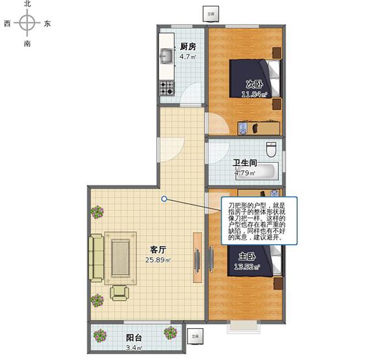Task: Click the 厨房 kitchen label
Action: [189, 46]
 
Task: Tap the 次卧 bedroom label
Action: [254, 84]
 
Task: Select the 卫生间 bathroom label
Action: [244, 163]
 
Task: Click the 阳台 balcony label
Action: [135, 338]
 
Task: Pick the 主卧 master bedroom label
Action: [247, 256]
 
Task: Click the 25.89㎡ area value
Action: [158, 260]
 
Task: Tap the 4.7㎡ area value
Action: [188, 57]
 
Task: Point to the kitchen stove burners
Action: [167, 87]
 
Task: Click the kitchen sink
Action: [166, 57]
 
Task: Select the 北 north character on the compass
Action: [27, 4]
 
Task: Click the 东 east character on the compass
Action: [48, 24]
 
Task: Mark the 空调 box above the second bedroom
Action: [210, 12]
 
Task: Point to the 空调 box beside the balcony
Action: [194, 337]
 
